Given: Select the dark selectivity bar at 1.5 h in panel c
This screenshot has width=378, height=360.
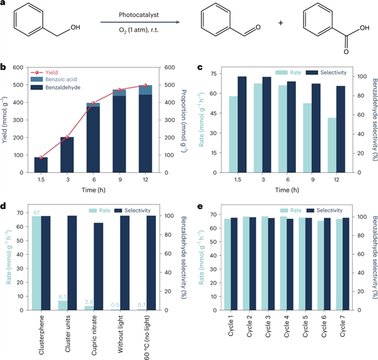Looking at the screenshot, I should [242, 116].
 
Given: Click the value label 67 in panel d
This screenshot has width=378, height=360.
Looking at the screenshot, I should [35, 213].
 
